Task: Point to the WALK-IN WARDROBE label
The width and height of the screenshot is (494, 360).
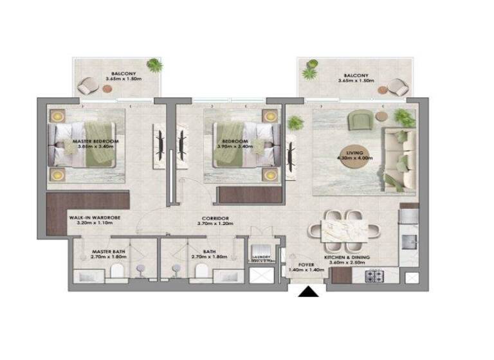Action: pos(95,218)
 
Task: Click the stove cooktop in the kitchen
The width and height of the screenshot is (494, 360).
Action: pos(374,276)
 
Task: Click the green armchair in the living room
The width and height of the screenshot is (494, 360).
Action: pos(358,120)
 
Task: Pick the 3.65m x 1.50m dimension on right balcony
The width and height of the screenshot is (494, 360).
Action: pos(357,82)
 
